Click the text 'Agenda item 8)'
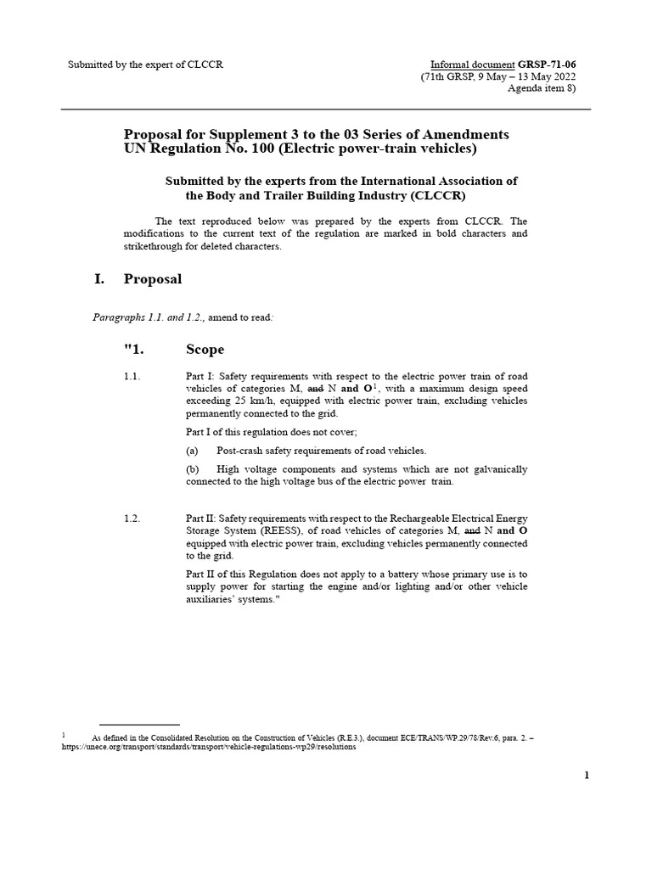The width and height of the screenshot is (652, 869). pyautogui.click(x=541, y=88)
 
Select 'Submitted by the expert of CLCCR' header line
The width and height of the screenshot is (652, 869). pyautogui.click(x=146, y=64)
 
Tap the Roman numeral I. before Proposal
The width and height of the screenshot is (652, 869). pyautogui.click(x=99, y=279)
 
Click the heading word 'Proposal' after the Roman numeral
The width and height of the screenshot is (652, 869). pyautogui.click(x=153, y=279)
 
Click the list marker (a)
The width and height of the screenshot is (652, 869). pyautogui.click(x=194, y=451)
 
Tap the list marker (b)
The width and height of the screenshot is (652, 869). pyautogui.click(x=194, y=469)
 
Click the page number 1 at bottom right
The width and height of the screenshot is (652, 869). pyautogui.click(x=587, y=775)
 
